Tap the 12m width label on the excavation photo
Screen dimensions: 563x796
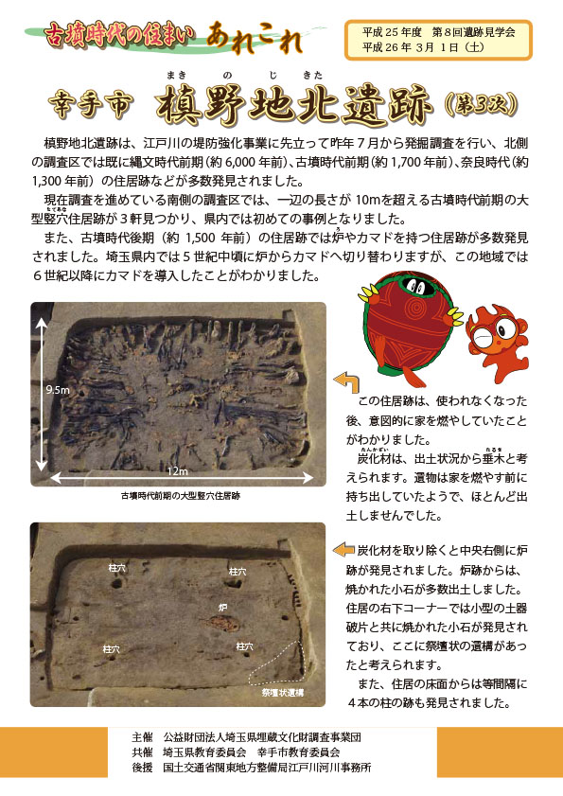click(178, 470)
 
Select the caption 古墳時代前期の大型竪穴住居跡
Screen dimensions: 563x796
click(180, 495)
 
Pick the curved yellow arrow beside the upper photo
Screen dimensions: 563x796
click(344, 381)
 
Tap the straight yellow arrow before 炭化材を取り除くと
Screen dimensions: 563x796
click(343, 550)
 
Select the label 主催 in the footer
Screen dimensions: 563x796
click(143, 736)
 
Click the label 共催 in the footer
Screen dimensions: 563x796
click(143, 752)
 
